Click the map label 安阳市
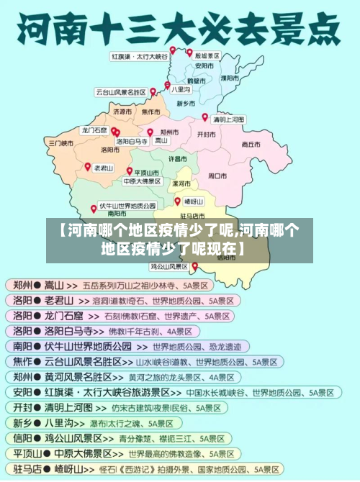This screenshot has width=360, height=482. [x=204, y=65]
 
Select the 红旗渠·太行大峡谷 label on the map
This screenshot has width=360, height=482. [x=139, y=55]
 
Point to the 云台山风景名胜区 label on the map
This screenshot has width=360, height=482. [x=120, y=92]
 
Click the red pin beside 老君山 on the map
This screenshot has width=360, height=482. [x=87, y=166]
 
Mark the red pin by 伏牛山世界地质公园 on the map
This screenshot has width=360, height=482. [x=94, y=209]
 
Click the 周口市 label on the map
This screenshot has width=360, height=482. [x=217, y=175]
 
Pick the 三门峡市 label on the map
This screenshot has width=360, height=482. [x=61, y=143]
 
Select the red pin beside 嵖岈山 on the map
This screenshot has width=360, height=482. [x=178, y=201]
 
